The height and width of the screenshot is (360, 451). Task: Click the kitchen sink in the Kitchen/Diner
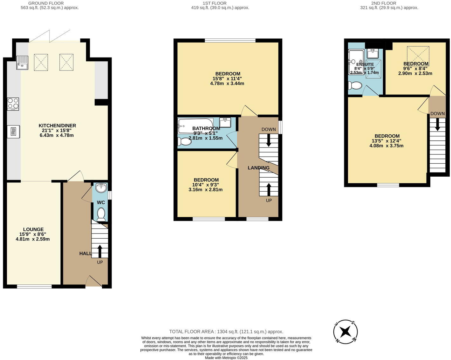click(23, 63)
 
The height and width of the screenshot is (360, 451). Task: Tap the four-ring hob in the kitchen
click(13, 104)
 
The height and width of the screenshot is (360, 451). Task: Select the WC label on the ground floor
click(101, 202)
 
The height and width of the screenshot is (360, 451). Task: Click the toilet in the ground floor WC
click(101, 214)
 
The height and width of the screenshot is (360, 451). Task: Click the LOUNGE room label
click(33, 229)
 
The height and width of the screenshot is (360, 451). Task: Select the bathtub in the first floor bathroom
click(195, 126)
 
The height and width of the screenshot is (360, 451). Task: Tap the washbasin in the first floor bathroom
click(225, 122)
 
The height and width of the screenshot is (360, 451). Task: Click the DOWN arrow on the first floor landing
click(269, 140)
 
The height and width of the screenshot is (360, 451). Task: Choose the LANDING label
click(258, 168)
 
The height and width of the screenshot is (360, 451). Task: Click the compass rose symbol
click(345, 332)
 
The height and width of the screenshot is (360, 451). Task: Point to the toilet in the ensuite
click(355, 85)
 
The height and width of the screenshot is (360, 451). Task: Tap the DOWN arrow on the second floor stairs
click(438, 124)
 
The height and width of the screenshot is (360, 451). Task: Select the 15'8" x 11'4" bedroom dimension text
click(227, 78)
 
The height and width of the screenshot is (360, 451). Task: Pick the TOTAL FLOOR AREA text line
click(226, 331)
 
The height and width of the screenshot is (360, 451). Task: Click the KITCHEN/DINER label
click(57, 126)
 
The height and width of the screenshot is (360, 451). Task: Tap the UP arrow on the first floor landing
click(269, 189)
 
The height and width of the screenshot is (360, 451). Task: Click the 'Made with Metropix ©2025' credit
click(226, 357)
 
